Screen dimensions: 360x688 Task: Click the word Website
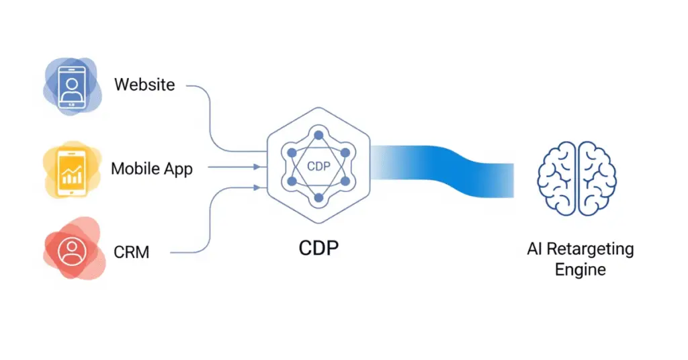pyautogui.click(x=144, y=85)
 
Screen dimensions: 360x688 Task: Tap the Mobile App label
pyautogui.click(x=152, y=169)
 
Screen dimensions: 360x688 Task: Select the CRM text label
pyautogui.click(x=132, y=253)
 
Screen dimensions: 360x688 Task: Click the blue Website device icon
pyautogui.click(x=71, y=86)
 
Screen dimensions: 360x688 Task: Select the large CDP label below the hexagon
pyautogui.click(x=318, y=249)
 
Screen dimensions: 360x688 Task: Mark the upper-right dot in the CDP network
pyautogui.click(x=345, y=153)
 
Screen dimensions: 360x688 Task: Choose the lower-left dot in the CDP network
pyautogui.click(x=292, y=181)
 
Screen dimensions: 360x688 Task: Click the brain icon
pyautogui.click(x=576, y=178)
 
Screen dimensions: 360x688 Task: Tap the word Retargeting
pyautogui.click(x=589, y=249)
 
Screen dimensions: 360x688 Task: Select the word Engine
pyautogui.click(x=580, y=271)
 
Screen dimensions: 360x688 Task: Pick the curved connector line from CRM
pyautogui.click(x=211, y=222)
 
